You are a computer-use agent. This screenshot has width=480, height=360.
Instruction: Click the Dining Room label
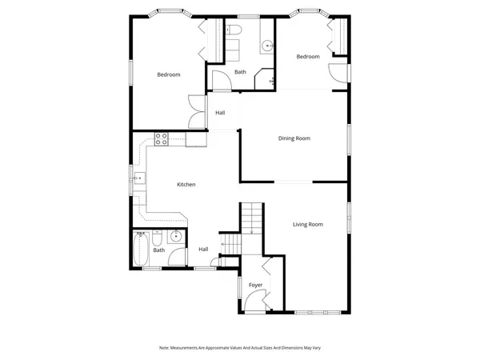(x=294, y=138)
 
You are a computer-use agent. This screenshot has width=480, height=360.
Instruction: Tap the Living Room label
(x=307, y=225)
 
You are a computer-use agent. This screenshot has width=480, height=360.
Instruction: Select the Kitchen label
(x=186, y=185)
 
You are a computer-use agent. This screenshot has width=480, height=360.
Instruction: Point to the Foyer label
(x=255, y=286)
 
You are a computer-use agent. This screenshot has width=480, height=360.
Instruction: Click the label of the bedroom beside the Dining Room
(x=308, y=57)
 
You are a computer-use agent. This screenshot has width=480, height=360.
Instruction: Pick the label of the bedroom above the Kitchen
(x=168, y=75)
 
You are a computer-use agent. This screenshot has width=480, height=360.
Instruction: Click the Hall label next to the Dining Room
(x=220, y=113)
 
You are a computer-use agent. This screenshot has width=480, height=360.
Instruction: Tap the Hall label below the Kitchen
(x=203, y=250)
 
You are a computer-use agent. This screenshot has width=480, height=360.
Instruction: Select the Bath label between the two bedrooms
(x=240, y=73)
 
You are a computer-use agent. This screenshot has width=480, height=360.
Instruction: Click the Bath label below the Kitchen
(x=159, y=250)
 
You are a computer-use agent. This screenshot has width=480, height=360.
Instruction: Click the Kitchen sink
(x=138, y=179)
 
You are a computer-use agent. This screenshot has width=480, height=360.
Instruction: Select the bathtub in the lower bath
(x=142, y=250)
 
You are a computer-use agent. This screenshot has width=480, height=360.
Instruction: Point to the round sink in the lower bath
(x=175, y=237)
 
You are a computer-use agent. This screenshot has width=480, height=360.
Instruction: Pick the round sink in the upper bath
(x=265, y=45)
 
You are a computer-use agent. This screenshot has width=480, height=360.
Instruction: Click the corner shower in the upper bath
(x=264, y=79)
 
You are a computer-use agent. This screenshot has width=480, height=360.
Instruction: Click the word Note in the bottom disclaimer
(x=164, y=348)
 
